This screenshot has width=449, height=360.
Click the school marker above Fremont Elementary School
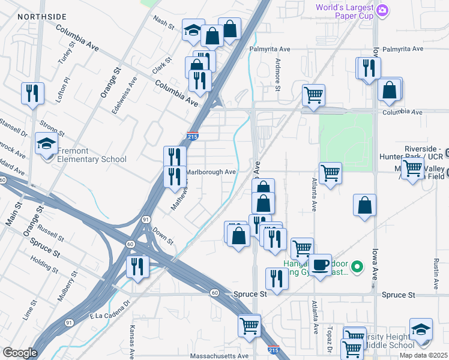pyautogui.click(x=46, y=144)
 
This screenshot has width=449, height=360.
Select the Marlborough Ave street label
pyautogui.click(x=210, y=172)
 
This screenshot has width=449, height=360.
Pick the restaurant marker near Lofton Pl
pyautogui.click(x=32, y=93)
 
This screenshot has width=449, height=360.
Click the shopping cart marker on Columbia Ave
pyautogui.click(x=313, y=95)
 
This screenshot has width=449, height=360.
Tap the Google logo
pyautogui.click(x=20, y=353)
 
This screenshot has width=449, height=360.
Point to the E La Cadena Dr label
pyautogui.click(x=110, y=311)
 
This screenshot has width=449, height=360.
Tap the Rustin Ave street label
pyautogui.click(x=436, y=271)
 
